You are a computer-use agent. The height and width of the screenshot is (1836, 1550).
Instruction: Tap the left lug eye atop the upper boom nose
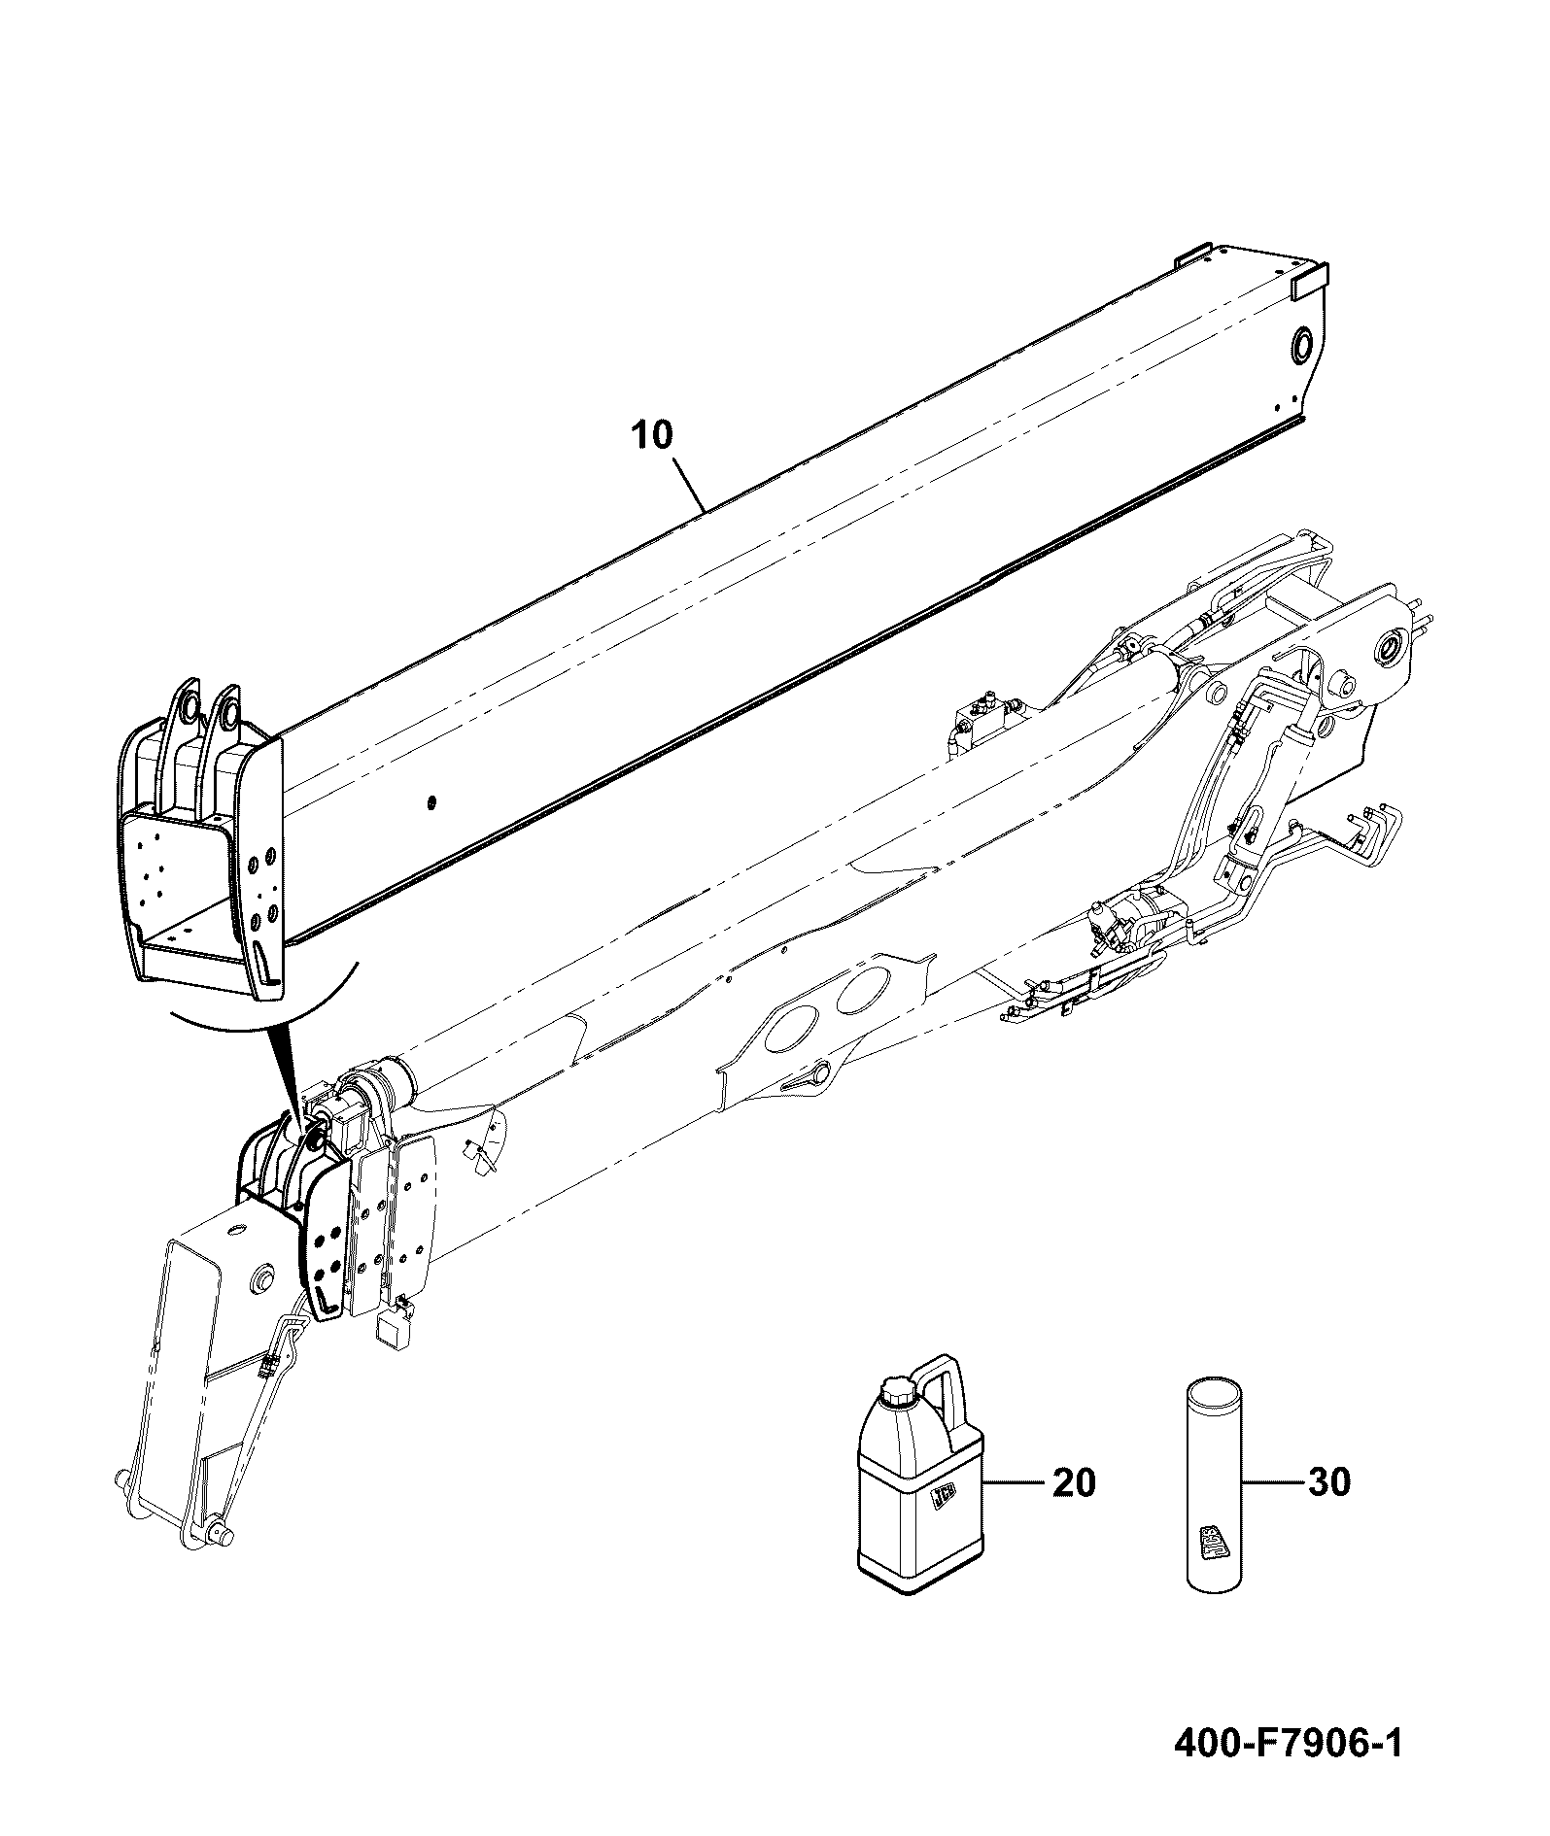[x=187, y=707]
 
